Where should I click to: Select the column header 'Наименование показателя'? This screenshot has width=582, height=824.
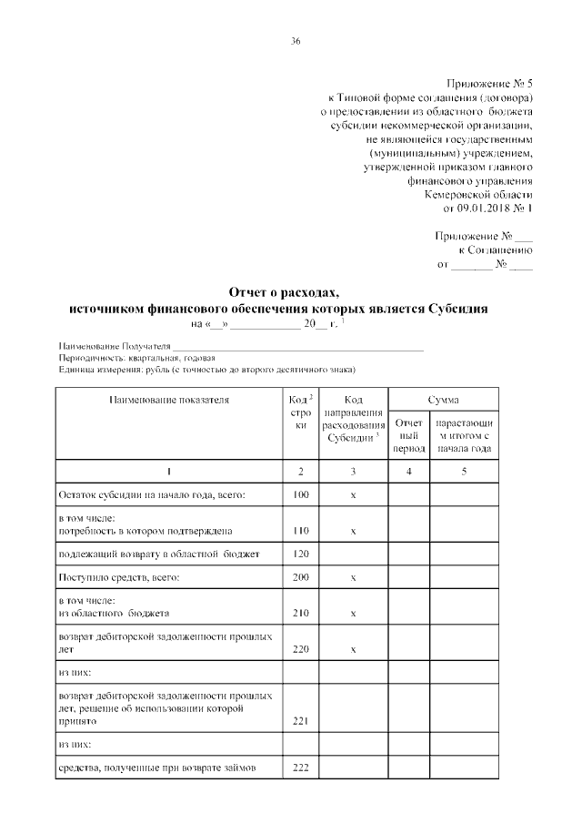pos(169,399)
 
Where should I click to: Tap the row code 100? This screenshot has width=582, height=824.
pos(301,494)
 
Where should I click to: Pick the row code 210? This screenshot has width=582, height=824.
pos(301,613)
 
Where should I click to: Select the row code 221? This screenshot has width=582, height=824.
pos(301,720)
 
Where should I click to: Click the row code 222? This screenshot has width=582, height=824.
pos(301,768)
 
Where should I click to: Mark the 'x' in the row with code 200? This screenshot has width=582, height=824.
pos(352,577)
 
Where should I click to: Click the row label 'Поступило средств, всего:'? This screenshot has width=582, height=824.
pos(118,577)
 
